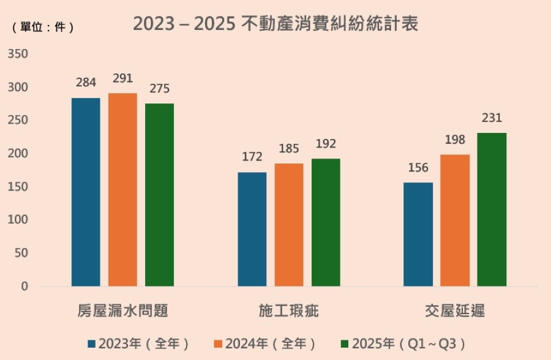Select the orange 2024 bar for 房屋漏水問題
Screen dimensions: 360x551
pyautogui.click(x=122, y=190)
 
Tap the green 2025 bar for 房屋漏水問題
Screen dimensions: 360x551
pyautogui.click(x=159, y=195)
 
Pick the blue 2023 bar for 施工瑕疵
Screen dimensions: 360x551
pyautogui.click(x=252, y=229)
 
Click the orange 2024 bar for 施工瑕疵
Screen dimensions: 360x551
pyautogui.click(x=289, y=225)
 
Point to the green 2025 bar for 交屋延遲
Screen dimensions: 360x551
pyautogui.click(x=492, y=209)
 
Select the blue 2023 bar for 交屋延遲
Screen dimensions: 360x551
pyautogui.click(x=418, y=234)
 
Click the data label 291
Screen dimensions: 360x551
pyautogui.click(x=122, y=78)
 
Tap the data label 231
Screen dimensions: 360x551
pyautogui.click(x=492, y=118)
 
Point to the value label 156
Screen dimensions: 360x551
pyautogui.click(x=418, y=168)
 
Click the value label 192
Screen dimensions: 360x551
pyautogui.click(x=326, y=144)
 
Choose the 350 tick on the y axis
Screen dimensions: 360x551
pyautogui.click(x=18, y=54)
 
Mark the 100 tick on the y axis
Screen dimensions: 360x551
pyautogui.click(x=18, y=220)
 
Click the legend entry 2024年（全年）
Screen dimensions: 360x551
pyautogui.click(x=266, y=343)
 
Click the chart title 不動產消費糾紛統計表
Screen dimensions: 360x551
pyautogui.click(x=275, y=24)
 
